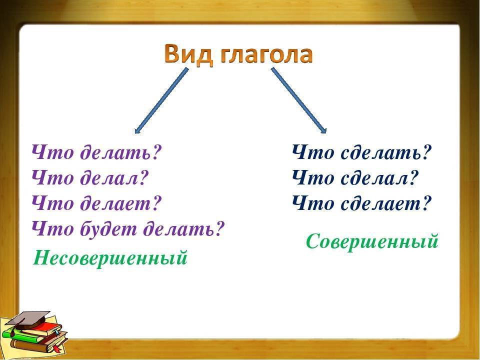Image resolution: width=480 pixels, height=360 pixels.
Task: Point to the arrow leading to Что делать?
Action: [x=161, y=100]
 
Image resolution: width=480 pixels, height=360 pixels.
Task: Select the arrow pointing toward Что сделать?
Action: [x=299, y=100]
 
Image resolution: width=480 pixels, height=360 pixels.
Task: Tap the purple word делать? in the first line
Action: [x=120, y=152]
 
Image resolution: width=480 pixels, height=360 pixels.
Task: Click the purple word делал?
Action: [x=114, y=177]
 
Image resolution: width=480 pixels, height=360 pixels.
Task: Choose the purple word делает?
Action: [x=120, y=203]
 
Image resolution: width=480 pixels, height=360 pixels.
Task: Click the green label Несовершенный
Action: [x=110, y=258]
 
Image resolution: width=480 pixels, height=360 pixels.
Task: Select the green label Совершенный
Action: [x=372, y=241]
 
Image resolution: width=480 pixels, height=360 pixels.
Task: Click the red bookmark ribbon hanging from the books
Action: [x=56, y=347]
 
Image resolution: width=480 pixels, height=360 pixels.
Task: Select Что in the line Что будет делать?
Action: [x=52, y=229]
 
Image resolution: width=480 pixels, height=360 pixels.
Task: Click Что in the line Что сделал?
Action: [x=313, y=177]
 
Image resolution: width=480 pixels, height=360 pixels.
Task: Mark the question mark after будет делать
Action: [x=218, y=229]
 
